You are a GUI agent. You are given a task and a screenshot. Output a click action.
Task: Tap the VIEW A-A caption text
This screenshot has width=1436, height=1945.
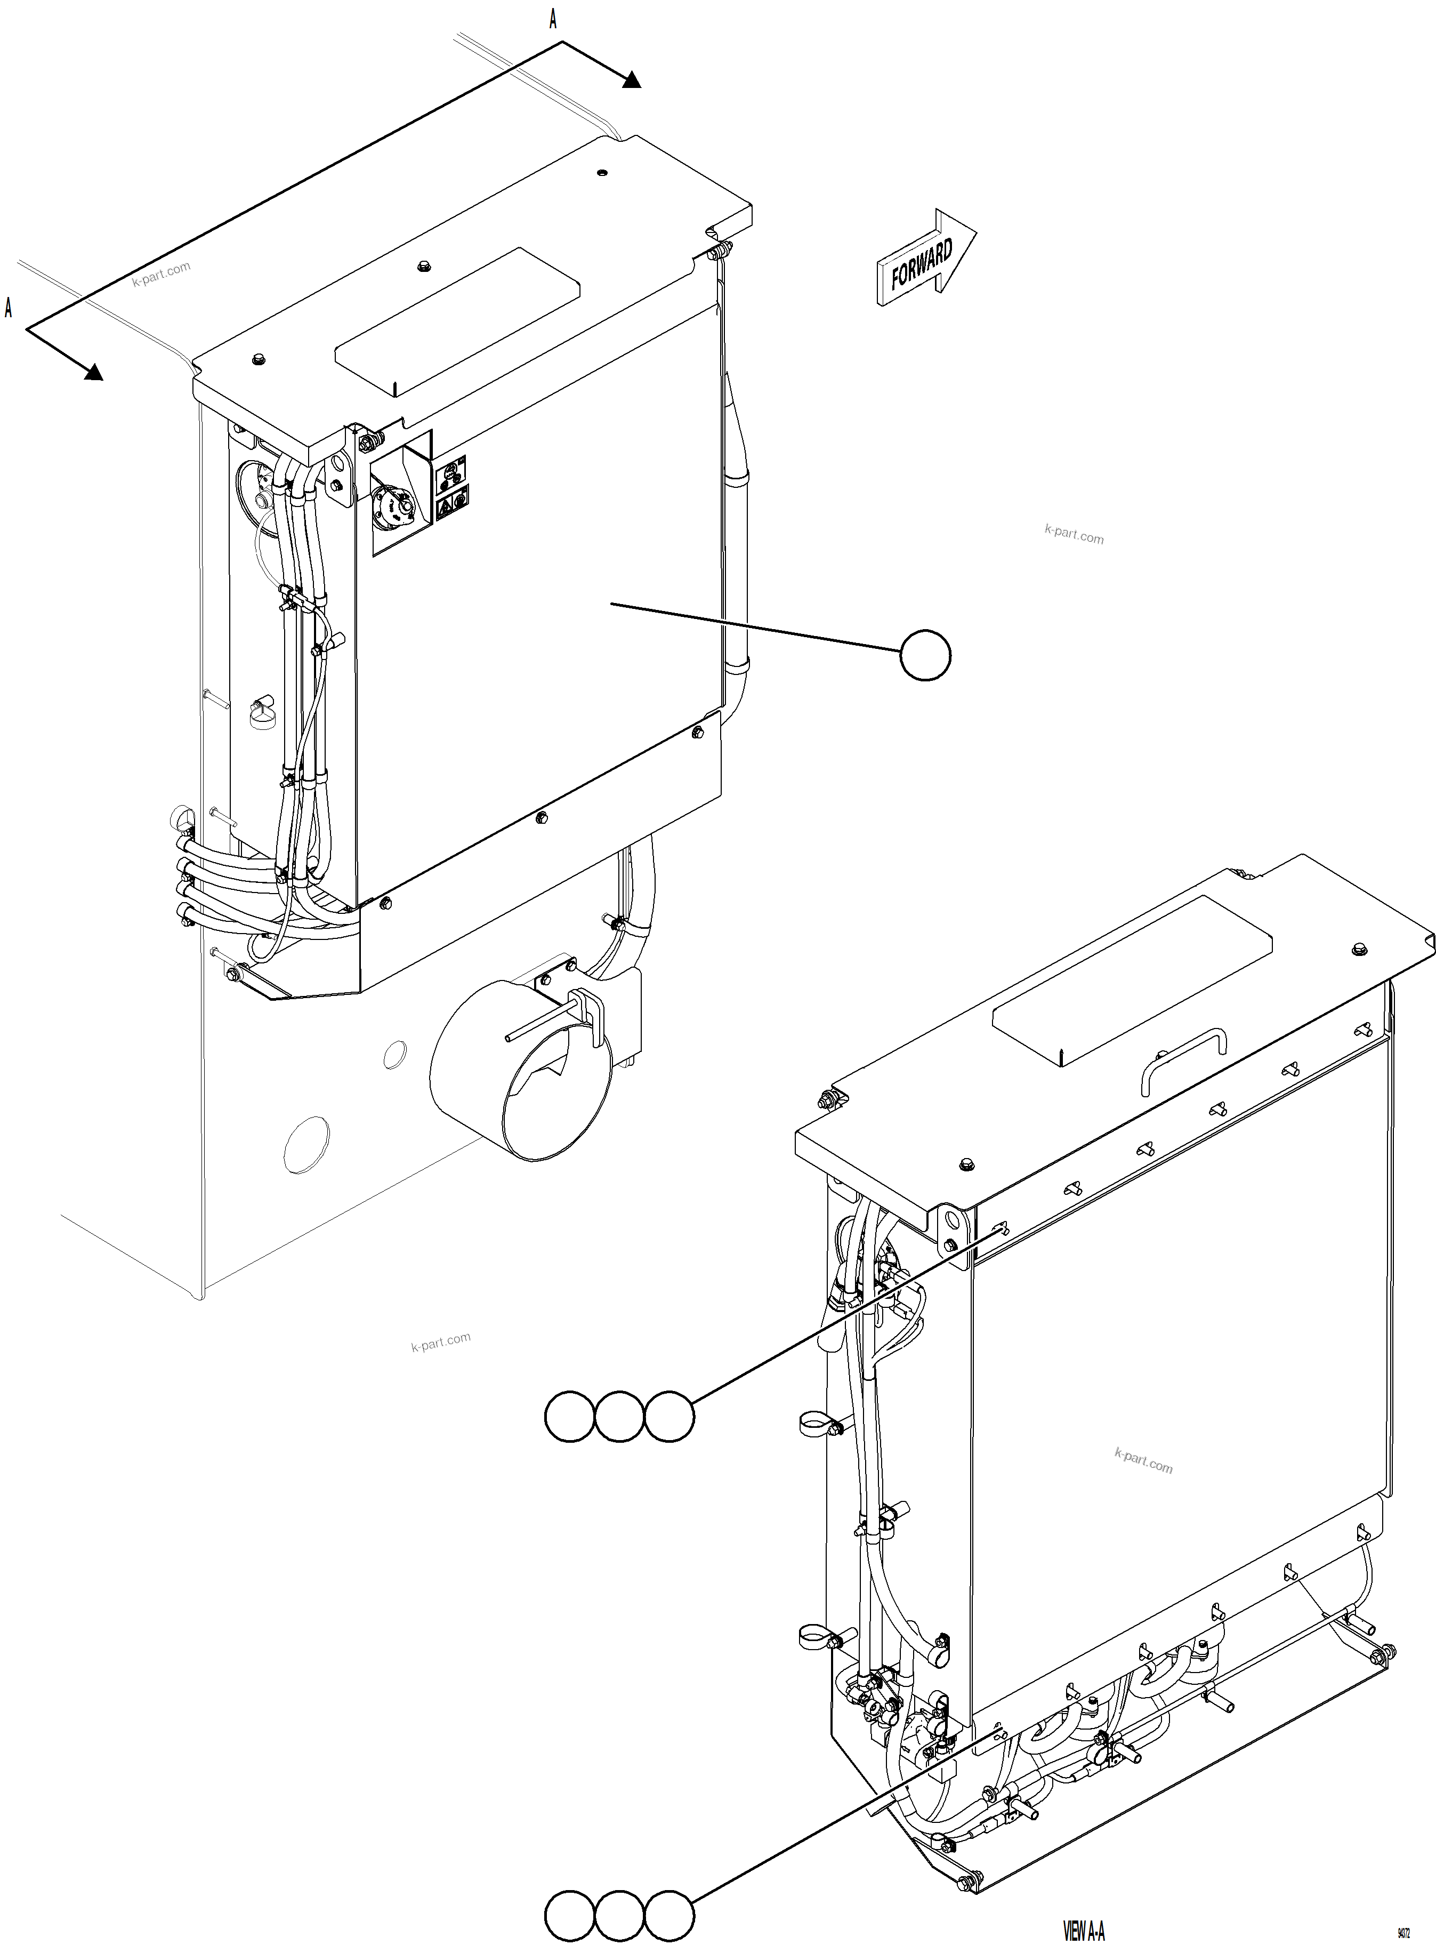[1084, 1930]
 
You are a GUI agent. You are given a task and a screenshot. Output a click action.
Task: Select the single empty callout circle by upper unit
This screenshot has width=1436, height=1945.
[925, 656]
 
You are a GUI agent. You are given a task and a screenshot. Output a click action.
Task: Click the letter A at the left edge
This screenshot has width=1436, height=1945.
[9, 308]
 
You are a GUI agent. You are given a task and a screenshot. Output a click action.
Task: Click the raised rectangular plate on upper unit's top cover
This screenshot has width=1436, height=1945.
[458, 319]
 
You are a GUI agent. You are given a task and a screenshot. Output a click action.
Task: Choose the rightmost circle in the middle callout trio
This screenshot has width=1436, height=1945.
[669, 1417]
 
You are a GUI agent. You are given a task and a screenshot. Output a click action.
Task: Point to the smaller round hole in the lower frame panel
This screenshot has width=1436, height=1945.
[394, 1054]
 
